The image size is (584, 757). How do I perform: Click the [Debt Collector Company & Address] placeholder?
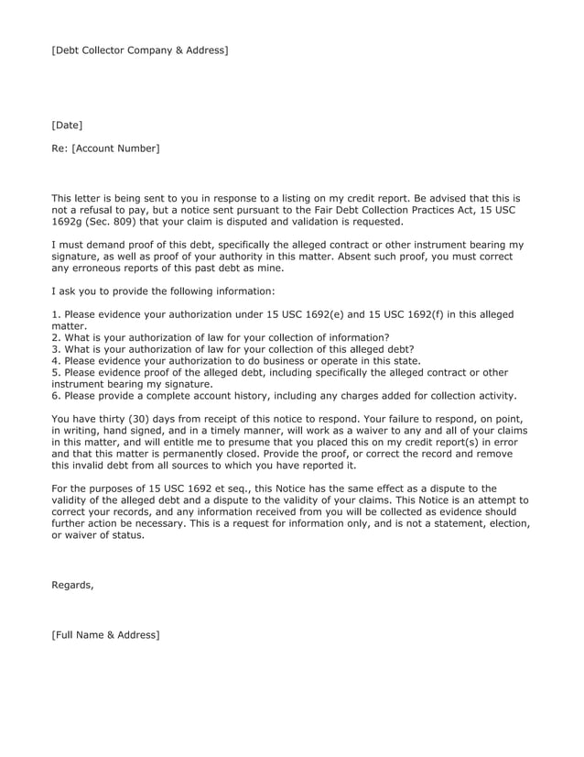139,49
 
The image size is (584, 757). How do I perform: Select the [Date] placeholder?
67,124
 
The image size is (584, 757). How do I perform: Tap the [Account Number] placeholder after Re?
115,148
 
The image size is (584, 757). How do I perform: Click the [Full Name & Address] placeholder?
105,634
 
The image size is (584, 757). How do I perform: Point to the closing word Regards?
72,585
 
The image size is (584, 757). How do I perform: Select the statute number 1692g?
69,221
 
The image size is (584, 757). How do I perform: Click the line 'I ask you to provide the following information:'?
162,291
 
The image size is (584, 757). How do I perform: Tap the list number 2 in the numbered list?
54,337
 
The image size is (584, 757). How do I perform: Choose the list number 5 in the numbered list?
54,372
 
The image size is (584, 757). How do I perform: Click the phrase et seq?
243,489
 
